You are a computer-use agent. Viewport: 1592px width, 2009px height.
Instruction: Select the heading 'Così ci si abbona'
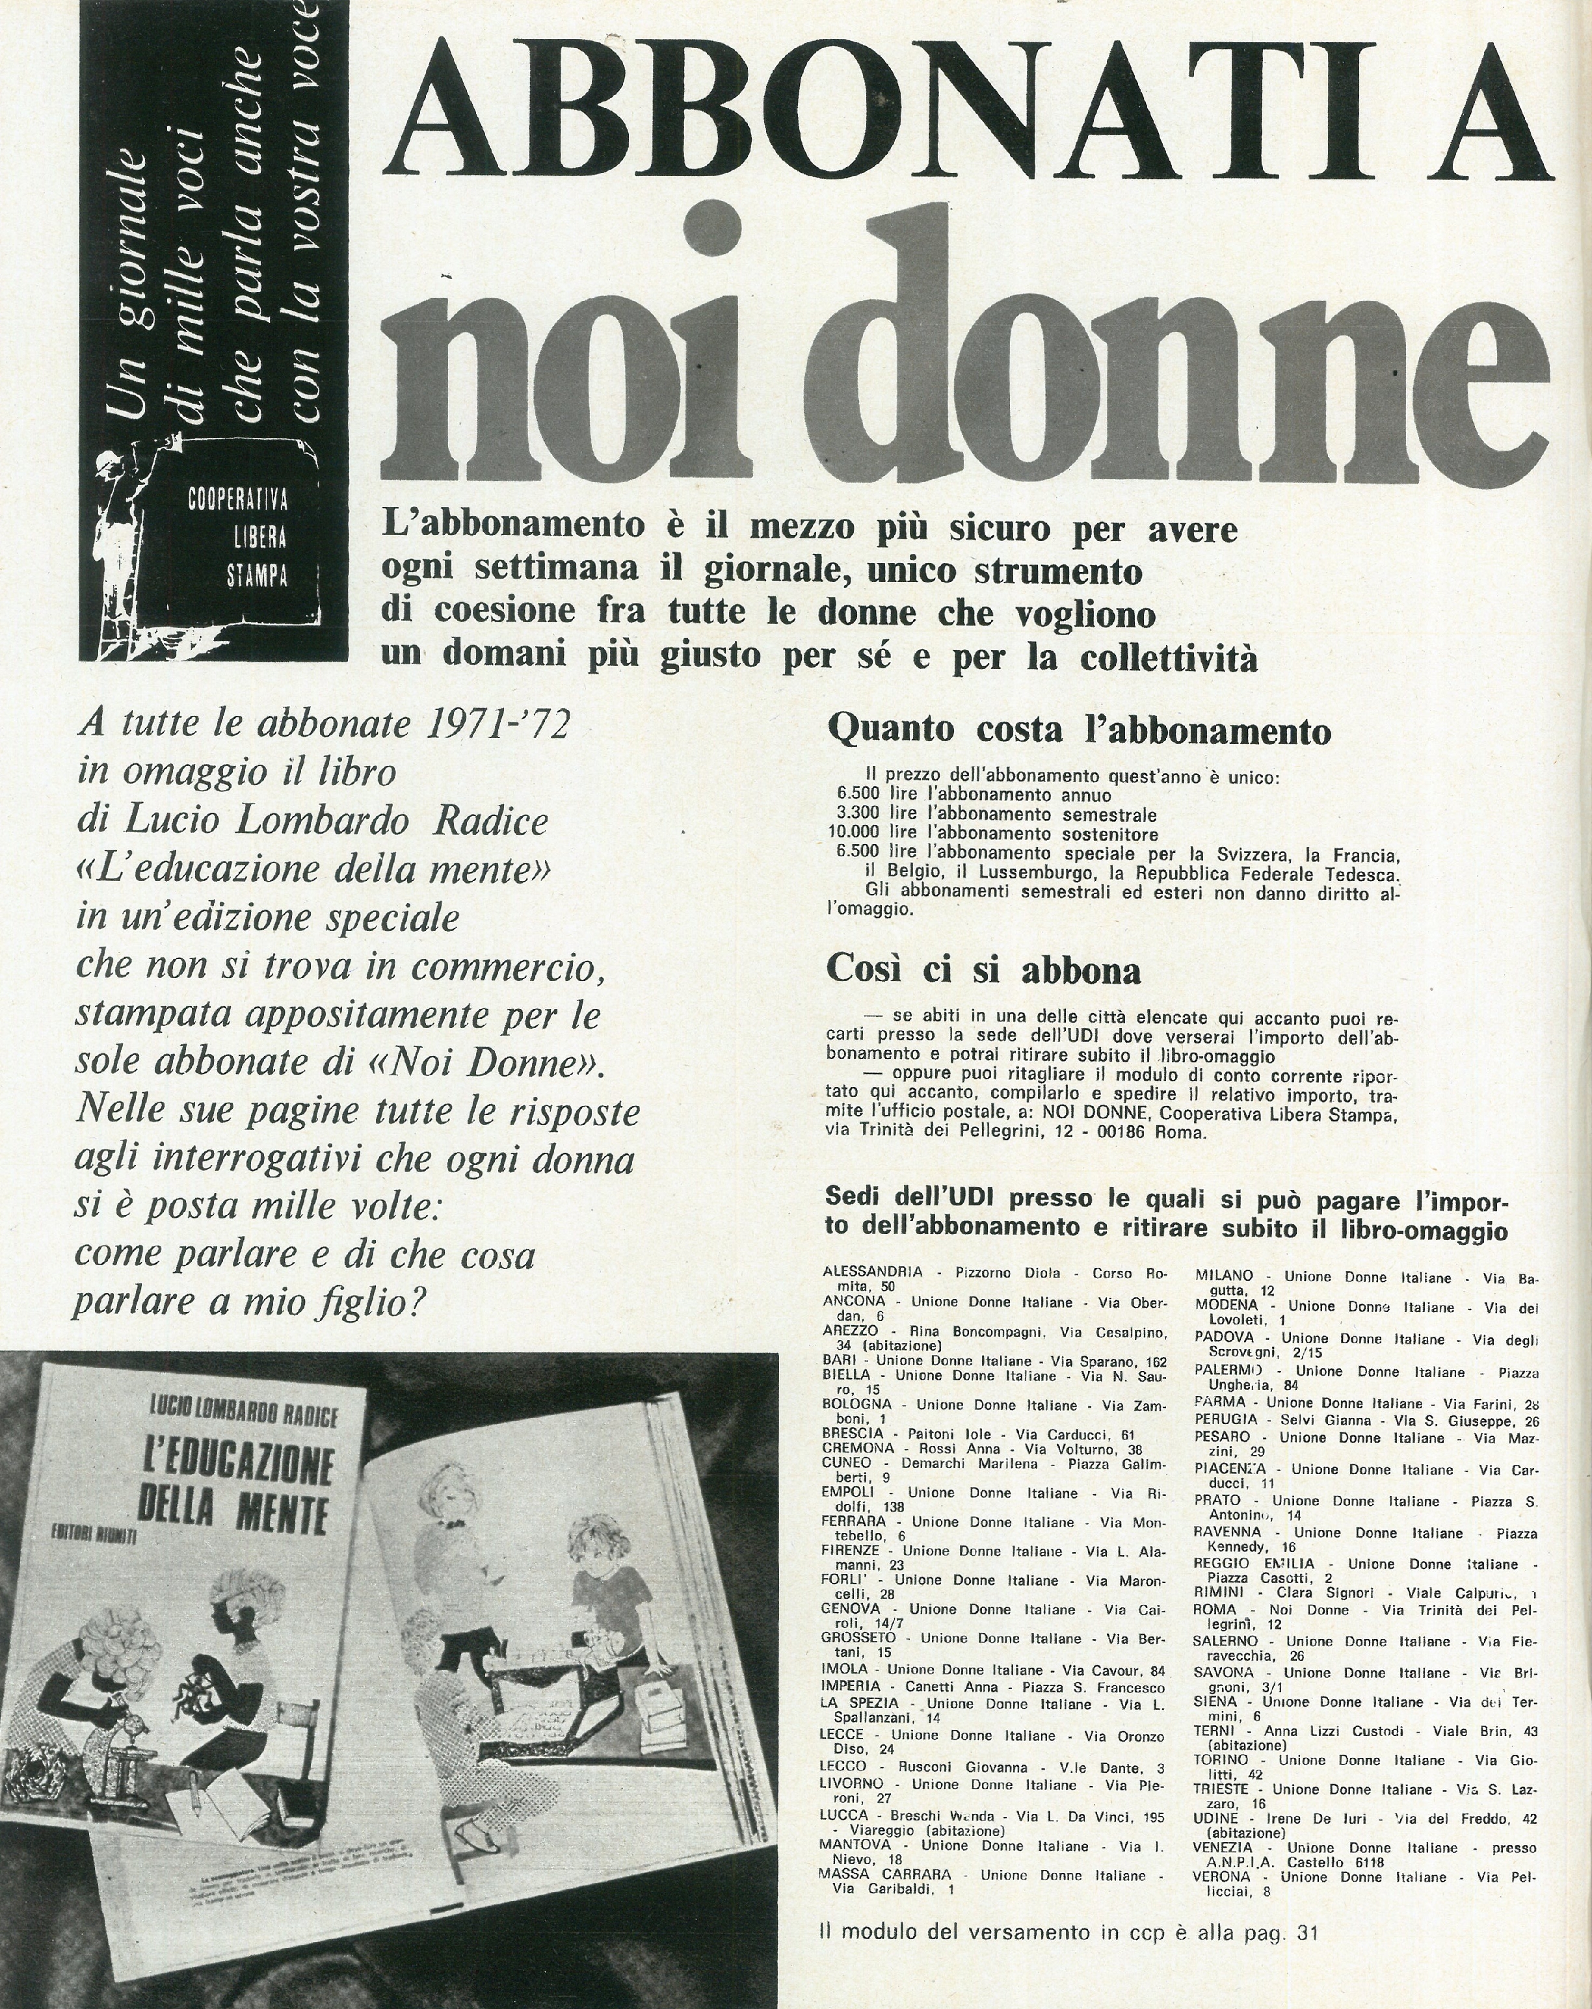pos(983,971)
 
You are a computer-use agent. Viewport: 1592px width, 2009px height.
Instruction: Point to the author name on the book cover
pos(243,1415)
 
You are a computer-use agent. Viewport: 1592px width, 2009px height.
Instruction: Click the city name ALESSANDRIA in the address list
pos(871,1272)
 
